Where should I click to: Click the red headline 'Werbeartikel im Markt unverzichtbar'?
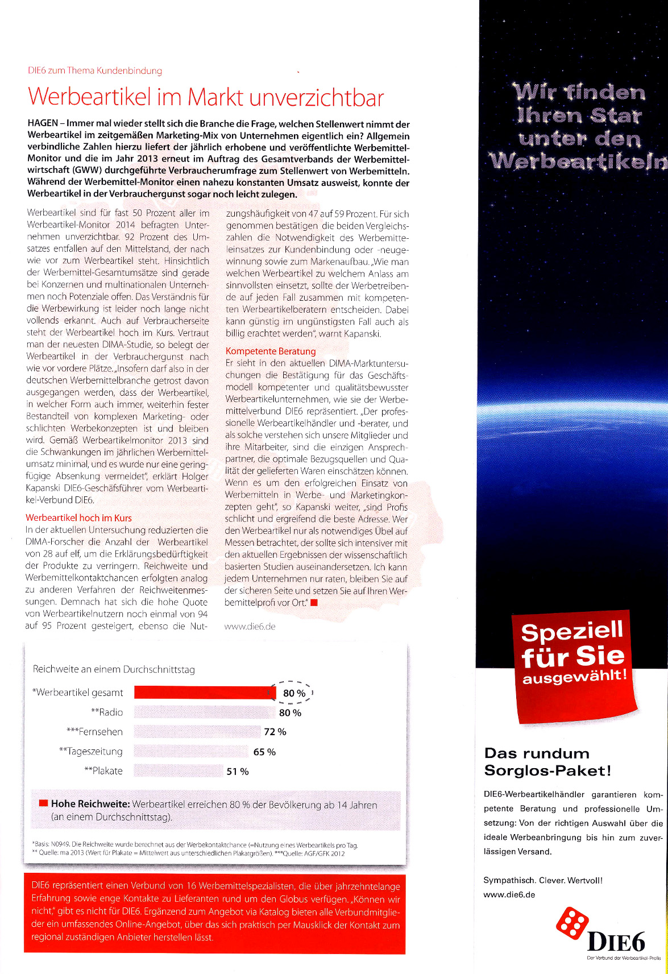click(x=206, y=97)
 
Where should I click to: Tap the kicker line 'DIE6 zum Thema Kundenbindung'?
click(x=95, y=71)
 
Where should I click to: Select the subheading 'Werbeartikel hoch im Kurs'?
click(x=78, y=518)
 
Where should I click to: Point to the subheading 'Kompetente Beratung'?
click(x=271, y=351)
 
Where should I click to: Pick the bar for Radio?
click(x=205, y=712)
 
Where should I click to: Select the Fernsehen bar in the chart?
click(x=197, y=732)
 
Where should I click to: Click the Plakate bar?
click(x=178, y=771)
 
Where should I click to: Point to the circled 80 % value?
click(x=294, y=693)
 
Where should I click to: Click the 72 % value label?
click(x=275, y=732)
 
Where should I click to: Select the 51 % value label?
click(x=238, y=772)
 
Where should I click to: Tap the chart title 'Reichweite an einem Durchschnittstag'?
click(x=114, y=669)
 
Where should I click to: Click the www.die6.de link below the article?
click(x=250, y=627)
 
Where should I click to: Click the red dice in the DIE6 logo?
click(x=572, y=922)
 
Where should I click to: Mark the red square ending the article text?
click(x=314, y=603)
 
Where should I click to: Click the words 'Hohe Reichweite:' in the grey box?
click(x=90, y=805)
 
